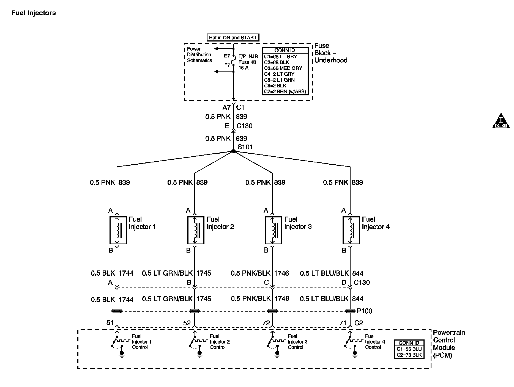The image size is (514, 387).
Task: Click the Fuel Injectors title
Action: point(34,13)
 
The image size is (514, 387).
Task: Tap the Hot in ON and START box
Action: point(233,38)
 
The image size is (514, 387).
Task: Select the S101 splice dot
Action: point(233,151)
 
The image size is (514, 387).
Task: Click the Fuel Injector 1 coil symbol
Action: point(118,230)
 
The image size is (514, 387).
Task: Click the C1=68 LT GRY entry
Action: point(280,57)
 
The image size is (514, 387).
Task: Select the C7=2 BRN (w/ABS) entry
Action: point(285,92)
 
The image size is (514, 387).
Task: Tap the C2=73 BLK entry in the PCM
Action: point(409,355)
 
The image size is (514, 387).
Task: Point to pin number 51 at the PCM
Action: point(110,323)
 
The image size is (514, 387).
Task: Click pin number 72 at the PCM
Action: point(266,323)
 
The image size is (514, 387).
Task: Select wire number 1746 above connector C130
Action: point(282,273)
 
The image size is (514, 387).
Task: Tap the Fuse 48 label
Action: point(247,62)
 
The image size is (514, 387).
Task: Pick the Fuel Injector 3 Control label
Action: point(297,342)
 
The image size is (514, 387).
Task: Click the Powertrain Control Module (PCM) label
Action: point(449,344)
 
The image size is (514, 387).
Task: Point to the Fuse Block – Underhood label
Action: point(331,53)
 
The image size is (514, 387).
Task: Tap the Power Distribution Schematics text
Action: point(199,55)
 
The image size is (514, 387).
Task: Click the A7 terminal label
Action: point(226,107)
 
